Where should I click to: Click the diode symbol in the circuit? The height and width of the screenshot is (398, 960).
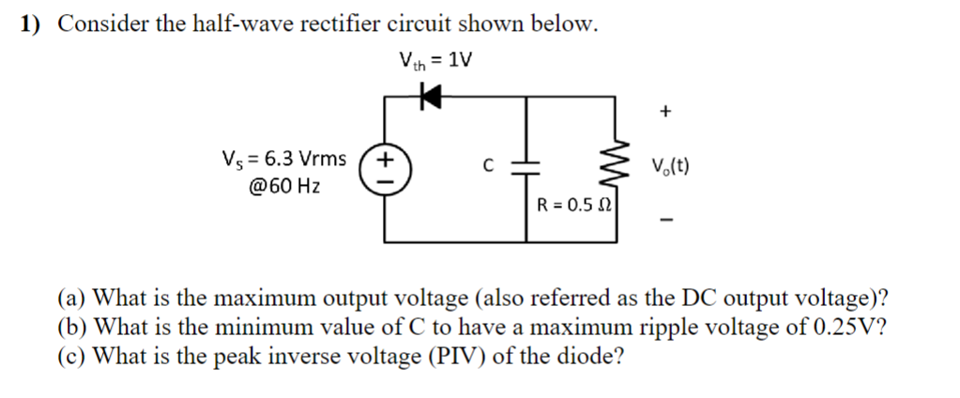[430, 94]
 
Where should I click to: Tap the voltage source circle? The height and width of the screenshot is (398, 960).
[385, 168]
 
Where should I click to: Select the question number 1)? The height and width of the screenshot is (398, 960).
[32, 24]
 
